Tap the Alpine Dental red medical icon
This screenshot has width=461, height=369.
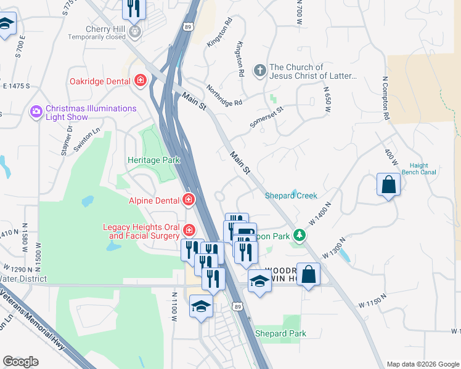pyautogui.click(x=189, y=200)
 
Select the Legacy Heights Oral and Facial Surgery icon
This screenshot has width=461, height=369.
pyautogui.click(x=190, y=231)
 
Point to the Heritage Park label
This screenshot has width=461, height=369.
pyautogui.click(x=153, y=161)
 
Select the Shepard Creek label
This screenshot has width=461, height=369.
pyautogui.click(x=291, y=196)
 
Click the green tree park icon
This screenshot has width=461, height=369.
pyautogui.click(x=299, y=236)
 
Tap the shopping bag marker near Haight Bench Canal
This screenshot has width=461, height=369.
pyautogui.click(x=388, y=185)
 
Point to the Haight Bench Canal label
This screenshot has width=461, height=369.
pyautogui.click(x=418, y=169)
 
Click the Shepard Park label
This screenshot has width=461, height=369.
pyautogui.click(x=280, y=333)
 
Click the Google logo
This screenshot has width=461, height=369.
pyautogui.click(x=20, y=362)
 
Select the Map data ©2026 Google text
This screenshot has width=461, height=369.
pyautogui.click(x=422, y=364)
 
